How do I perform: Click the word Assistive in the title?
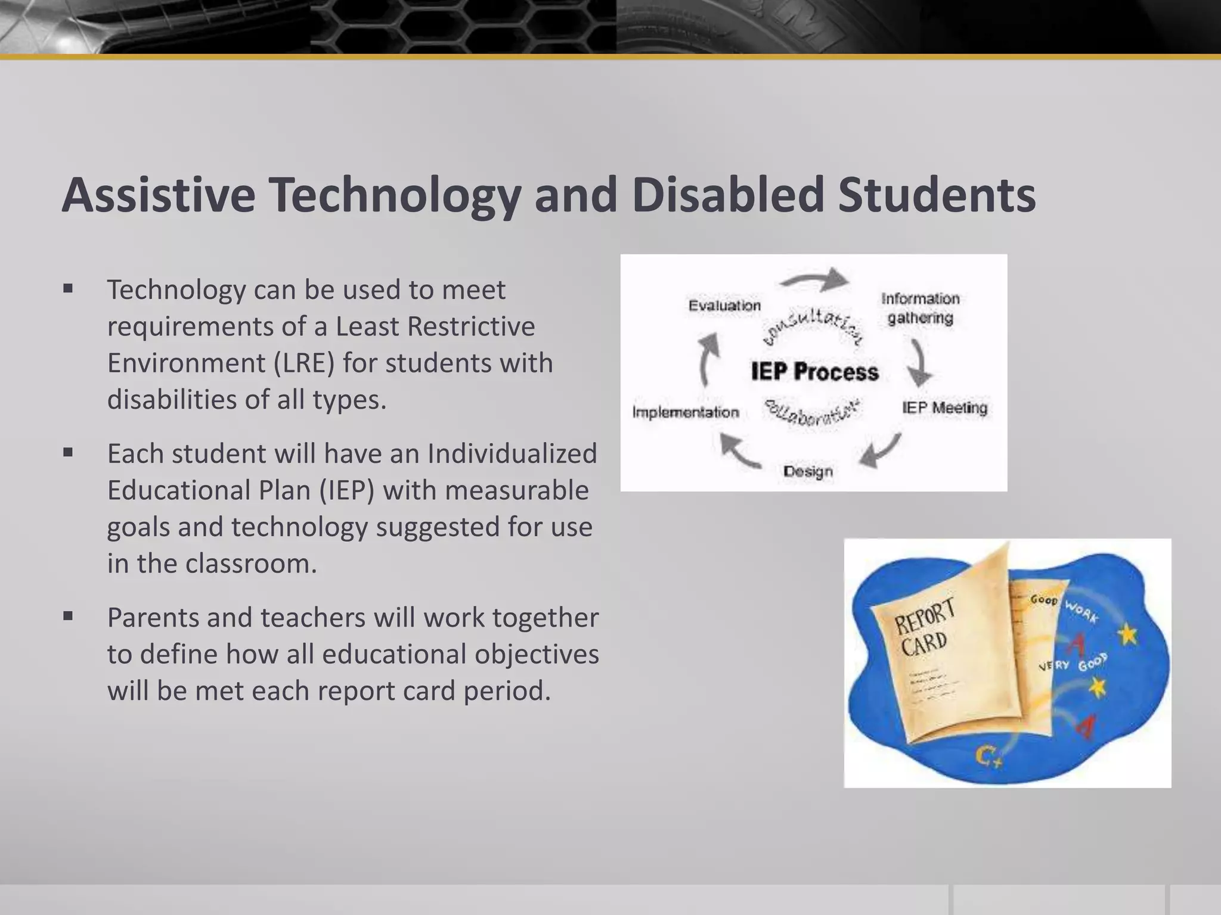tap(159, 195)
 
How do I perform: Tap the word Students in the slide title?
tap(937, 195)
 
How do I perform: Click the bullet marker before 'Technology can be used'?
tap(68, 290)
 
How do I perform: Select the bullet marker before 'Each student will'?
tap(68, 453)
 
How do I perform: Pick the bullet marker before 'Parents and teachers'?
tap(68, 617)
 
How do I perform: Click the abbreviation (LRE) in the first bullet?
tap(304, 363)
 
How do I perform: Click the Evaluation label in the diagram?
tap(724, 306)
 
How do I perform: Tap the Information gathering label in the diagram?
tap(920, 308)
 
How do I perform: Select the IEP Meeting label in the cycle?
tap(944, 408)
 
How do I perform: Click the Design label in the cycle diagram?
tap(808, 471)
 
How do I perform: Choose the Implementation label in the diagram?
tap(686, 412)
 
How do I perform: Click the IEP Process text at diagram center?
tap(814, 372)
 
